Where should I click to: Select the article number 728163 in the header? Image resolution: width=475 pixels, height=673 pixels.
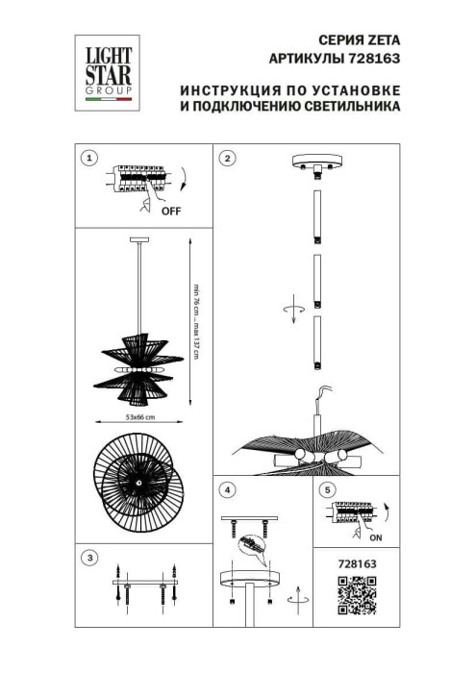click(x=378, y=58)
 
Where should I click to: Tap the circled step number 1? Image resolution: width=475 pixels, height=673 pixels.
click(x=89, y=158)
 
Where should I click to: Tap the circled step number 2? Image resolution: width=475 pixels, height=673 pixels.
click(x=227, y=158)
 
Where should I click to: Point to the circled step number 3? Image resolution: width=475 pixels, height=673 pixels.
click(x=89, y=557)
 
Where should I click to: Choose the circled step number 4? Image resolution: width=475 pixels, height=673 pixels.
click(x=227, y=490)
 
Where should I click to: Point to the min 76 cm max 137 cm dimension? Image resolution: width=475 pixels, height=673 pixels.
click(x=194, y=322)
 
